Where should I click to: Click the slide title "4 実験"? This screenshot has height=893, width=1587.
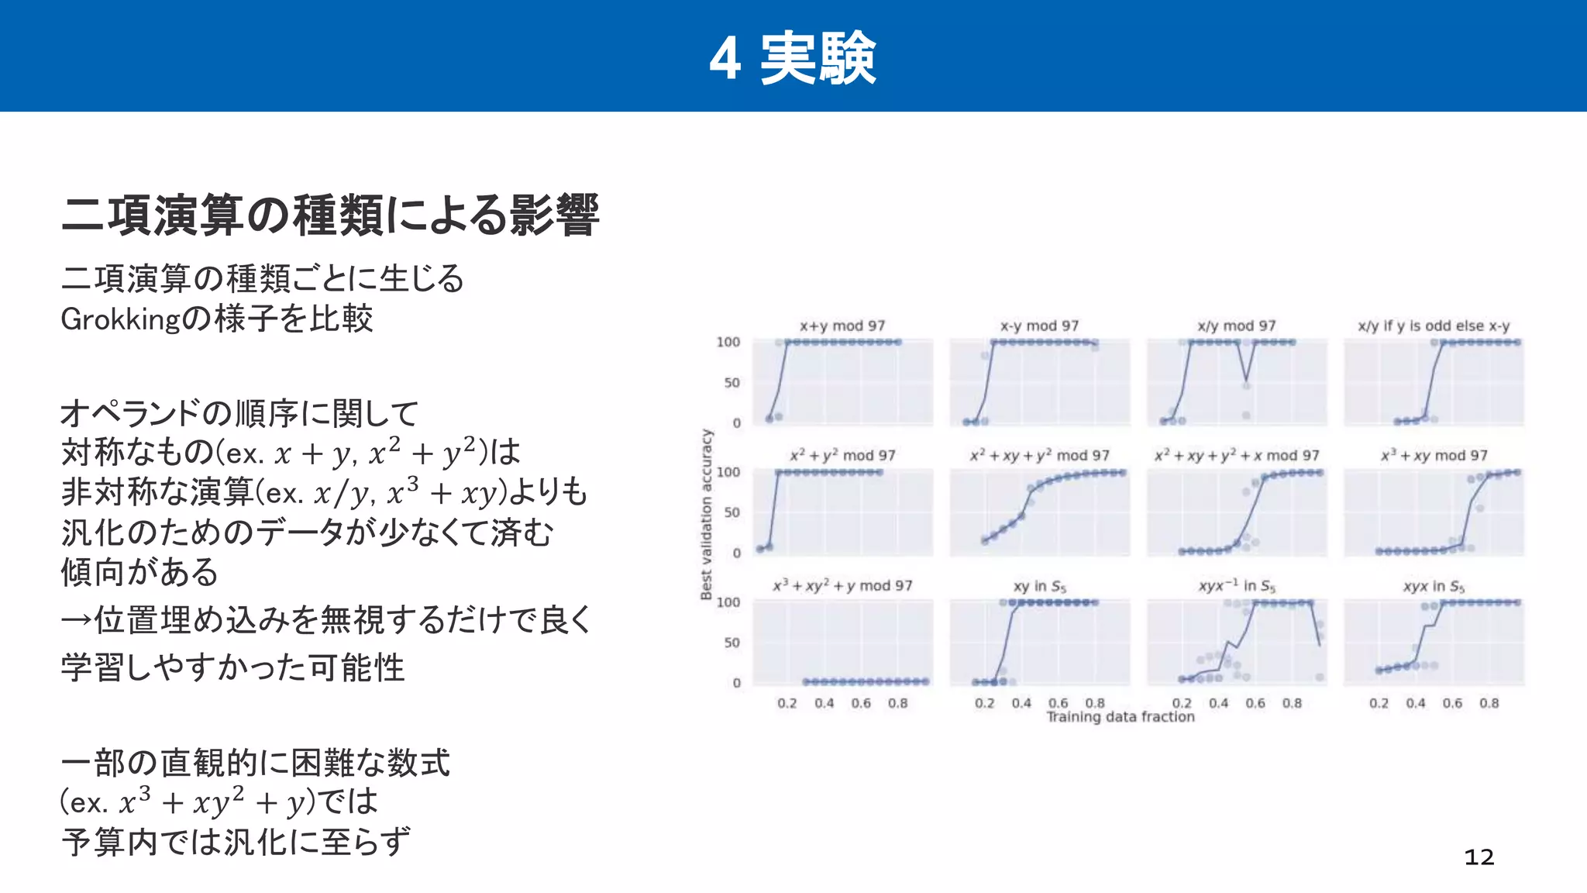793,58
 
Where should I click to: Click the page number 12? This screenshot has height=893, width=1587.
1479,857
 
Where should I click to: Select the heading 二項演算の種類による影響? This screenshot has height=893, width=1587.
330,215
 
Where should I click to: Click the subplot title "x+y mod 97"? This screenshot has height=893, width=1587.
842,326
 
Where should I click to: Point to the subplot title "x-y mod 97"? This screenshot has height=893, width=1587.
1039,326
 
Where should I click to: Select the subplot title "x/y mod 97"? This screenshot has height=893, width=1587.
1236,326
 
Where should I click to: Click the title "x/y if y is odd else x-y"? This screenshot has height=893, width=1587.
1434,326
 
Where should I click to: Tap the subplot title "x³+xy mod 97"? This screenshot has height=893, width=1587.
1434,456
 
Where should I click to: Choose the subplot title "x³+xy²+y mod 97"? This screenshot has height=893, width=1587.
842,586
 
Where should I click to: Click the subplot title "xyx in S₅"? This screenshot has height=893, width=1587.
1434,586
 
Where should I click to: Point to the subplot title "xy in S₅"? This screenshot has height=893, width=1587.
1039,586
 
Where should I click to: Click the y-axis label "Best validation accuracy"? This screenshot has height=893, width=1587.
706,514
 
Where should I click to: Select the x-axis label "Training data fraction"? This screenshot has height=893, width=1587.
1121,717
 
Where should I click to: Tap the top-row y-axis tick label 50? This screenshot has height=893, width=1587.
732,382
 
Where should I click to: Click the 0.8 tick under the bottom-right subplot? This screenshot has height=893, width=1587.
1489,703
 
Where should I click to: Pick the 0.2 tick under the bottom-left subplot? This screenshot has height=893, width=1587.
787,703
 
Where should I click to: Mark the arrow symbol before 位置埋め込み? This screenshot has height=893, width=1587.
77,620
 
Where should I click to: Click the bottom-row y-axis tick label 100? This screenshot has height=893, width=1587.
728,602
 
